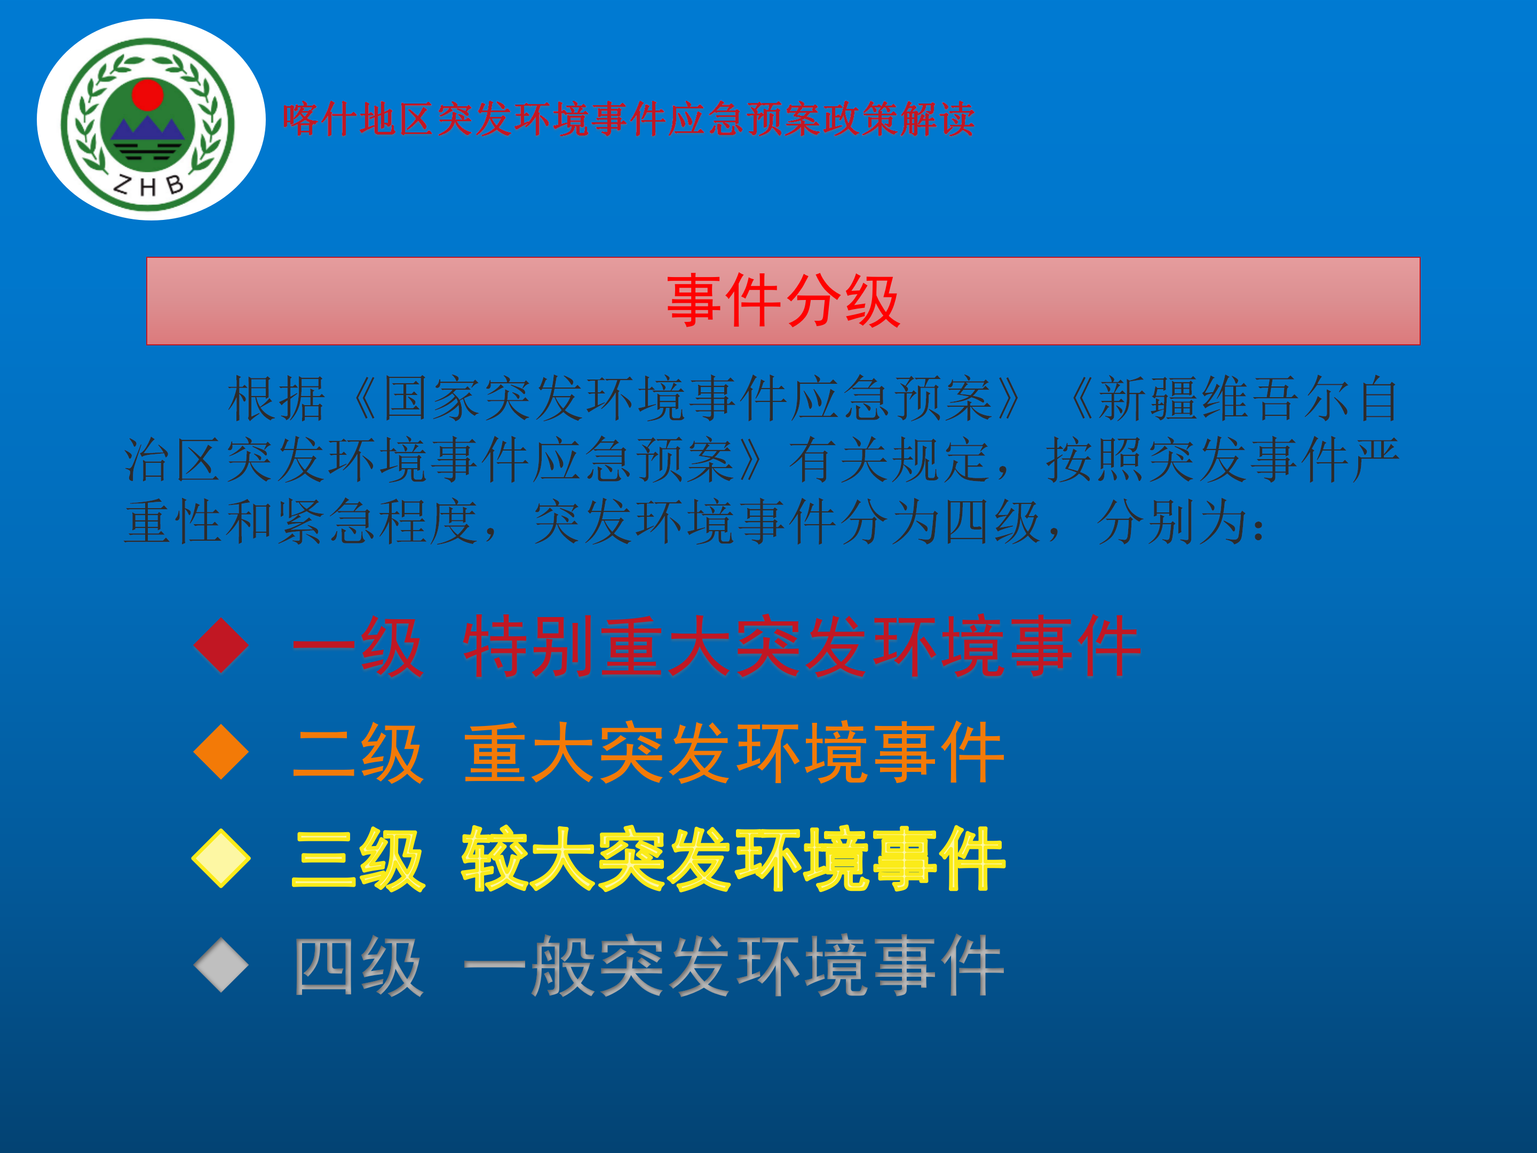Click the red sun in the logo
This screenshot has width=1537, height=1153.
[x=147, y=94]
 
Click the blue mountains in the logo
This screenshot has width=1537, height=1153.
[x=147, y=129]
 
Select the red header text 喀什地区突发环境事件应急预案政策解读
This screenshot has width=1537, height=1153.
[x=628, y=119]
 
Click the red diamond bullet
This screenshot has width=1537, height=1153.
[x=221, y=645]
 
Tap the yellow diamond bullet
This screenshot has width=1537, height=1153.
[x=221, y=858]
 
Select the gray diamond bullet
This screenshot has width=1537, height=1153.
[x=221, y=965]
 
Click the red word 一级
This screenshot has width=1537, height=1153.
[x=357, y=646]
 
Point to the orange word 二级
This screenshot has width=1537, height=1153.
[x=357, y=753]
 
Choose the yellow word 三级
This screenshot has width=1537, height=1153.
[x=357, y=860]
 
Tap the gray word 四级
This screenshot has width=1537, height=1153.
[x=357, y=967]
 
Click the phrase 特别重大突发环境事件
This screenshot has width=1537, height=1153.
[x=802, y=646]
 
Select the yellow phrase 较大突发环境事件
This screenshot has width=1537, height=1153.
[x=734, y=860]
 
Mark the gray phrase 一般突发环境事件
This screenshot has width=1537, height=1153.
[x=734, y=967]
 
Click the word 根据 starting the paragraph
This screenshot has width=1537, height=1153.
[x=276, y=399]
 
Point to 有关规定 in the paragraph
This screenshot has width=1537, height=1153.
[x=890, y=460]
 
